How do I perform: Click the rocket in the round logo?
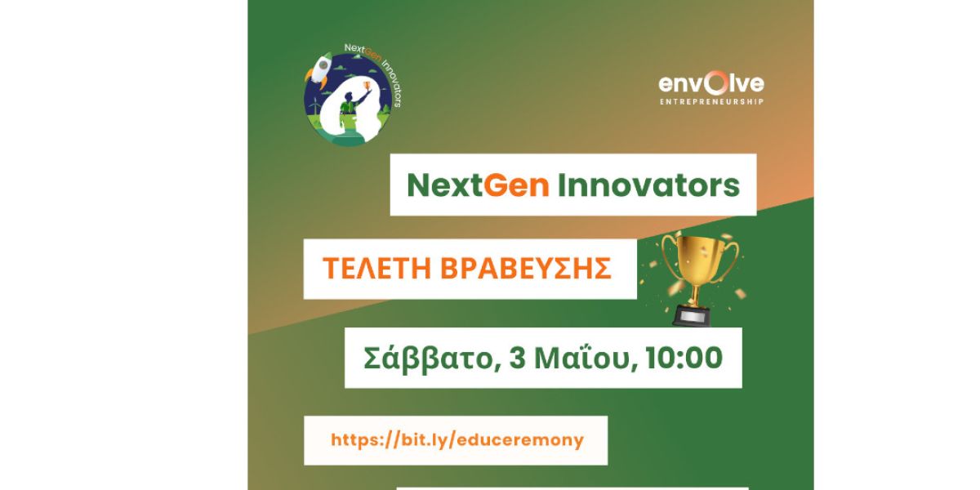coord(318,69)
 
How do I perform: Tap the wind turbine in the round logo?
coord(314,108)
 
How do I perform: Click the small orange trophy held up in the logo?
coord(367,85)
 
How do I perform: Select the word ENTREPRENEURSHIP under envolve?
coord(712,102)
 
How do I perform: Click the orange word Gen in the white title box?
coord(516,185)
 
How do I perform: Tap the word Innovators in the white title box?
coord(648,185)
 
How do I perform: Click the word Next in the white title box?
coord(445,185)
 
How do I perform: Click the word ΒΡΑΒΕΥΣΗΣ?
coord(525,268)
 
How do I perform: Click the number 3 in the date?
coord(517,358)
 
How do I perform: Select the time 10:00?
coord(684,358)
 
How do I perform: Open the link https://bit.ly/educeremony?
coord(457,440)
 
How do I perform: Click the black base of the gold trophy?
coord(692,315)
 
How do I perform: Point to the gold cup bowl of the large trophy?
coord(699,261)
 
